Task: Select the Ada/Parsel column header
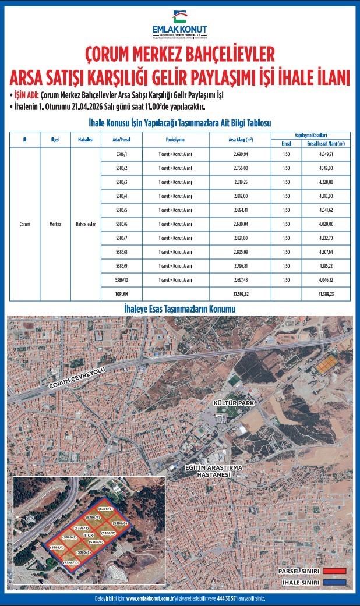(113, 140)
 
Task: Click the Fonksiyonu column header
(175, 140)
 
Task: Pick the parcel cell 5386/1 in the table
(113, 154)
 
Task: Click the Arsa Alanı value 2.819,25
(240, 182)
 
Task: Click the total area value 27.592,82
(240, 295)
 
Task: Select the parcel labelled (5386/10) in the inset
(72, 563)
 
